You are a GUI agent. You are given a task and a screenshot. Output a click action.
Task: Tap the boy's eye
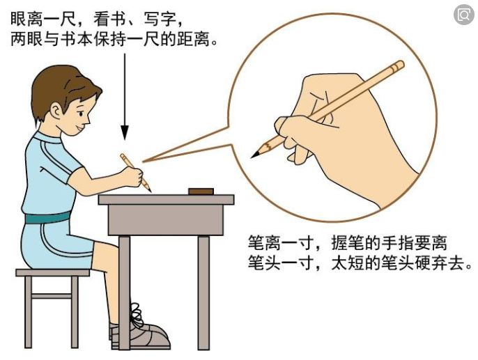click(81, 114)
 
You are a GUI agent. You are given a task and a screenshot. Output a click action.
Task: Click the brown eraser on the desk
click(201, 191)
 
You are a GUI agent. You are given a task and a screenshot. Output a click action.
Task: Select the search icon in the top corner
click(463, 15)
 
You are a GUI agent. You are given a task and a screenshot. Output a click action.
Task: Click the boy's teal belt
click(48, 217)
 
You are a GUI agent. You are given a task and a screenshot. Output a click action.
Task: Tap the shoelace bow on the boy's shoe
click(137, 314)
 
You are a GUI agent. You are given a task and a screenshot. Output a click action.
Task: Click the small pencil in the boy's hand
click(135, 173)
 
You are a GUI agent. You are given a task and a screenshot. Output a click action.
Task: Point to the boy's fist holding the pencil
click(132, 177)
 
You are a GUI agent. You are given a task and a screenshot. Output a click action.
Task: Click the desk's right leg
click(203, 292)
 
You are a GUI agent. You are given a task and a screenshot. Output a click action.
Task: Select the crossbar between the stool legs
click(52, 296)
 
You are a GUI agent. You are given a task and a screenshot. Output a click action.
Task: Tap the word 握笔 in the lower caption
click(347, 243)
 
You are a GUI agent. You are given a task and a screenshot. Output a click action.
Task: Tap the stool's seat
click(53, 272)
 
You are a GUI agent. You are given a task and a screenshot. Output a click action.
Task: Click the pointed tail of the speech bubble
click(144, 162)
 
